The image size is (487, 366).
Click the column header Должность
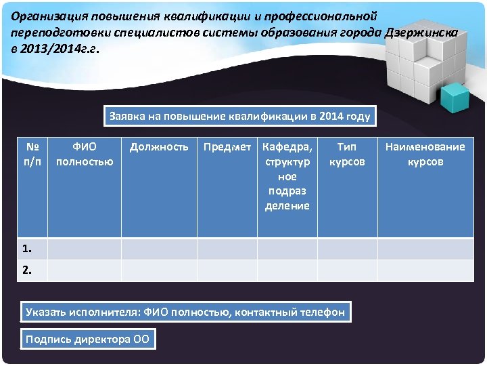159,146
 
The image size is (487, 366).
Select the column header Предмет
227,146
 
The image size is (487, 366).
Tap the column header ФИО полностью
85,154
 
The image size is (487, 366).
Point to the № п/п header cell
32,154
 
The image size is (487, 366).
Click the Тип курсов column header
347,154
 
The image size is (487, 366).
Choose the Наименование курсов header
425,154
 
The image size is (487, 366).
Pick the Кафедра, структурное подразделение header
287,176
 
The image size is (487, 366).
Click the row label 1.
26,248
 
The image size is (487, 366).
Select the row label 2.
26,270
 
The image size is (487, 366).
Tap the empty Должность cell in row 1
159,248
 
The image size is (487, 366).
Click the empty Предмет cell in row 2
227,270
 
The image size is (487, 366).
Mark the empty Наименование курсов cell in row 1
425,248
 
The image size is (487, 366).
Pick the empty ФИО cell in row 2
85,270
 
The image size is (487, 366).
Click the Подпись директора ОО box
87,339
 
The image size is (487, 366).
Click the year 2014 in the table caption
332,116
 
